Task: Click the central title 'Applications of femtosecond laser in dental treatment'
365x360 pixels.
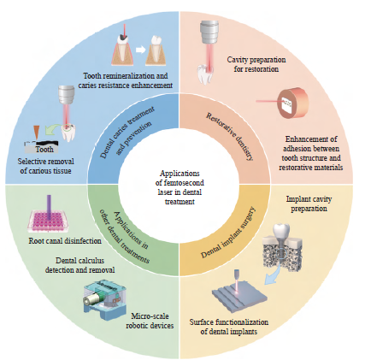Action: [180, 187]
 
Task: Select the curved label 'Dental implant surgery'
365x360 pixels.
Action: [228, 233]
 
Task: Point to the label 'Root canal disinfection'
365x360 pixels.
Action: [65, 241]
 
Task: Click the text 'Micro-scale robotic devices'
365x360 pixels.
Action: [150, 321]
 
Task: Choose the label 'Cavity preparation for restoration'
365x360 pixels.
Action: [256, 64]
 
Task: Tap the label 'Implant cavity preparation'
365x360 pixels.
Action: [309, 204]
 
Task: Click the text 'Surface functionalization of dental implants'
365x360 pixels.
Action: [229, 327]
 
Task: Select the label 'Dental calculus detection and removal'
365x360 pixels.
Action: [80, 265]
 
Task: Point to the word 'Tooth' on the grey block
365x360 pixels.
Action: [44, 149]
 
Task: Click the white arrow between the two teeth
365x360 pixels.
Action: [140, 50]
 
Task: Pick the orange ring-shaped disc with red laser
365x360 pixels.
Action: [292, 103]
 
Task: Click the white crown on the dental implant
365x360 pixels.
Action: [281, 229]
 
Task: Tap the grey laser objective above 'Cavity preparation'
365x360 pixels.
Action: [209, 32]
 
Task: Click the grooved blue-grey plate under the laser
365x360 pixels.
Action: [240, 295]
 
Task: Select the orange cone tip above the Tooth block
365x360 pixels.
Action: [37, 133]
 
